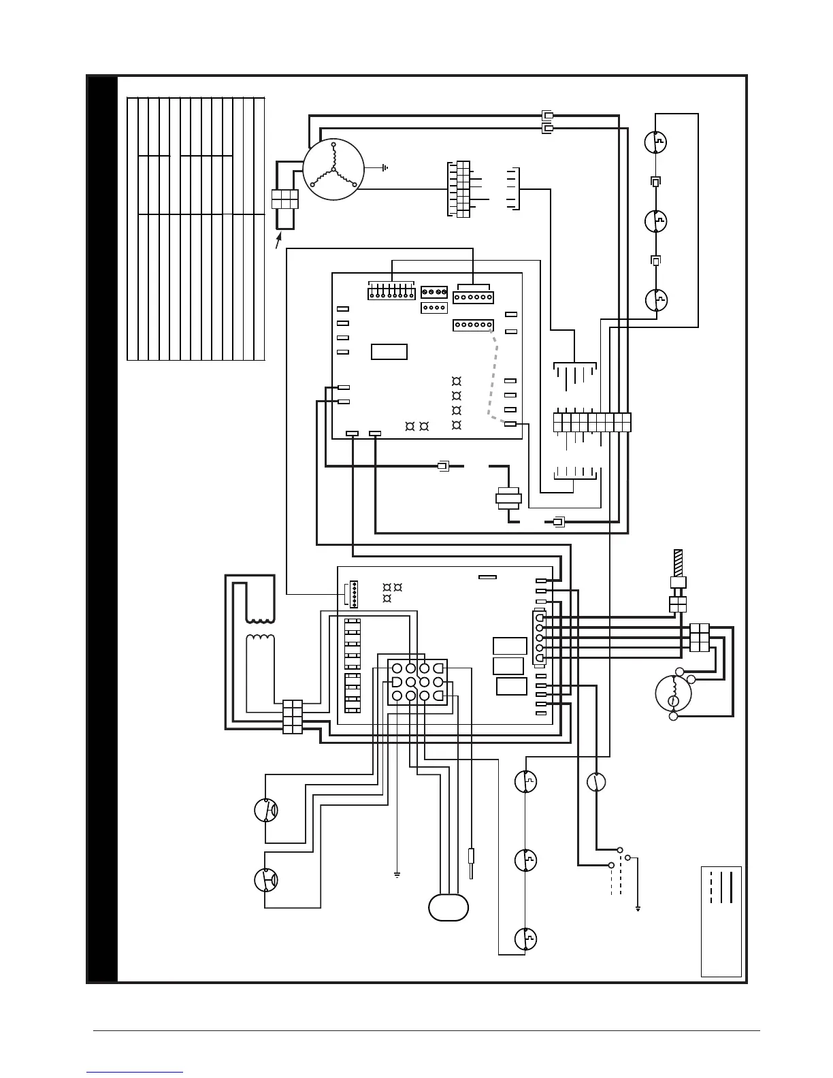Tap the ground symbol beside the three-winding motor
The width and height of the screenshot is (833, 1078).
tap(385, 167)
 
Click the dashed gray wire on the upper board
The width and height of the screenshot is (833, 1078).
tap(491, 381)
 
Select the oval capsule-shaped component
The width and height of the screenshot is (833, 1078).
tap(448, 906)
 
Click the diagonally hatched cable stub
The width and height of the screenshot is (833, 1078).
tap(678, 562)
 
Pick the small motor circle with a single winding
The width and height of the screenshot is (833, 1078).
tap(673, 693)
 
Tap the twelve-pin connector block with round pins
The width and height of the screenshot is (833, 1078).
tap(417, 681)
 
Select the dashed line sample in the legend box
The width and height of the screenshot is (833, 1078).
tap(711, 887)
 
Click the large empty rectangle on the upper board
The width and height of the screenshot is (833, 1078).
tap(389, 352)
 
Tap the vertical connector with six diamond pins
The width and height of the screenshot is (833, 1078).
tap(353, 594)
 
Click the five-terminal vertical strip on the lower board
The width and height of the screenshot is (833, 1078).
tap(538, 638)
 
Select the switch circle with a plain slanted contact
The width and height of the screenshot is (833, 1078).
tap(597, 782)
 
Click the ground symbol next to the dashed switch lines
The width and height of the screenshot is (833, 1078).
tap(638, 908)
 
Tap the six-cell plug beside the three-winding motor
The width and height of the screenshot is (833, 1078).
tap(285, 199)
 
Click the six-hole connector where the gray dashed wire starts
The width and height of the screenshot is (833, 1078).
tap(473, 325)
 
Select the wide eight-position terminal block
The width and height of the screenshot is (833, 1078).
tap(592, 422)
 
